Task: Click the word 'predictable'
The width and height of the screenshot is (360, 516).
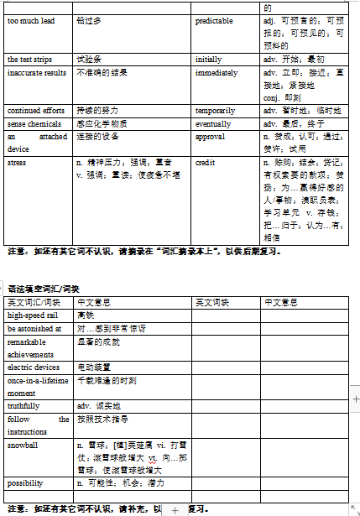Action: click(x=214, y=20)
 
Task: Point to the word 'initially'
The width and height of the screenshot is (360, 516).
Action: click(x=209, y=60)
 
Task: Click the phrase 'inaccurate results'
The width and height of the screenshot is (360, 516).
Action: click(x=37, y=73)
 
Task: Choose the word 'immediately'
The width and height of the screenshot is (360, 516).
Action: click(x=216, y=73)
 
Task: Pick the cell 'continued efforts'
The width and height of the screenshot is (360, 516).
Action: click(x=36, y=110)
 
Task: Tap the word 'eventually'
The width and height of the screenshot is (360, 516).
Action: click(x=213, y=122)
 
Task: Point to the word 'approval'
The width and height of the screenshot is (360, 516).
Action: click(x=210, y=135)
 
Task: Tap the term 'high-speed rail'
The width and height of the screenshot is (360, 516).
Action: click(x=32, y=315)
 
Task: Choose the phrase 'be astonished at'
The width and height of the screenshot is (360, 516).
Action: click(x=34, y=328)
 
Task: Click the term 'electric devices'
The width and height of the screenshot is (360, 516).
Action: click(x=34, y=367)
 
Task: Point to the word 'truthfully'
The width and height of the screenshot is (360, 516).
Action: click(x=23, y=405)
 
